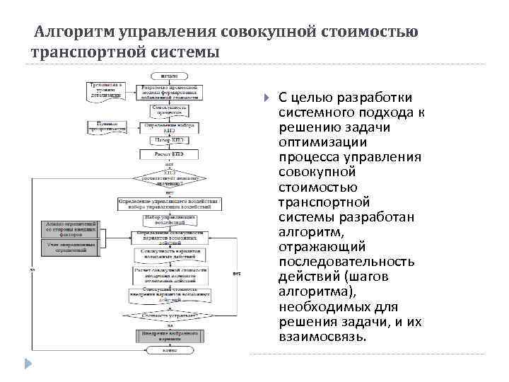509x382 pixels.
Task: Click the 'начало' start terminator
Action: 168,74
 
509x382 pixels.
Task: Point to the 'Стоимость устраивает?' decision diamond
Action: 168,316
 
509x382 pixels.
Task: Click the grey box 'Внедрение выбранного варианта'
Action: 168,335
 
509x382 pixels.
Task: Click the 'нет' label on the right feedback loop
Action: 237,273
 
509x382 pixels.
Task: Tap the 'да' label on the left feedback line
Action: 33,269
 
